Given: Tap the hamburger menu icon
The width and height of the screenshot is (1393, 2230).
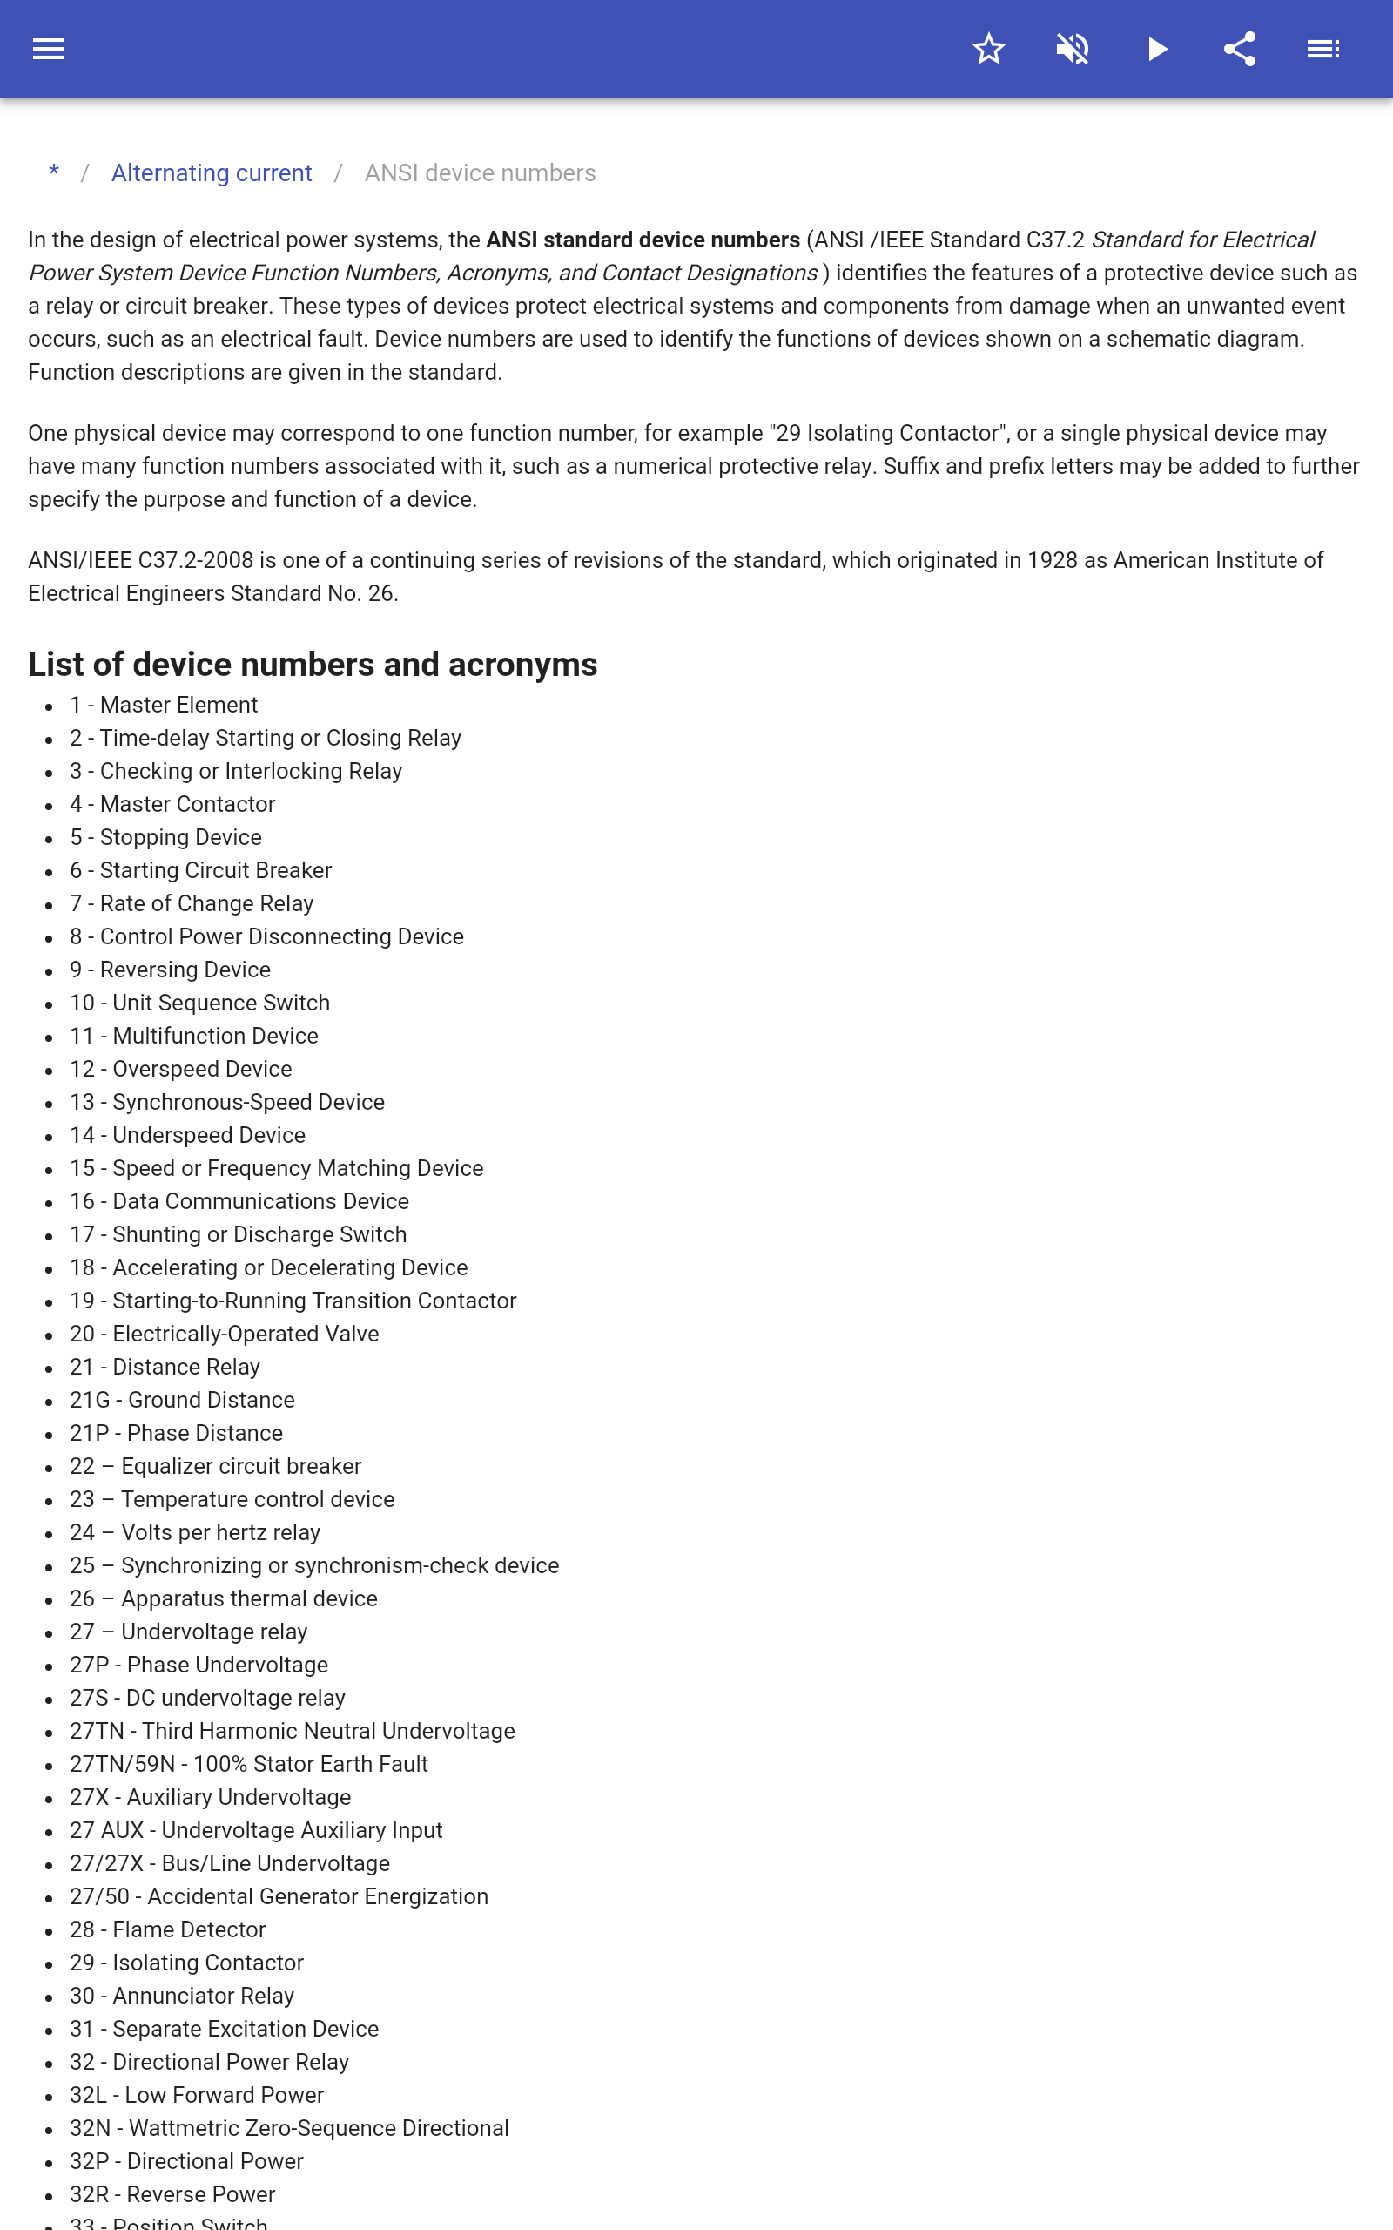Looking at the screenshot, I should [49, 49].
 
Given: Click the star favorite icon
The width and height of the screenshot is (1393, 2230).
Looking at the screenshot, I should [988, 49].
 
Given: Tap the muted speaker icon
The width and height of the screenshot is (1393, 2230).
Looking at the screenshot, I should [1073, 49].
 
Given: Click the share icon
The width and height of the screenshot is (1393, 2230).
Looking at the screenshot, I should [1240, 49].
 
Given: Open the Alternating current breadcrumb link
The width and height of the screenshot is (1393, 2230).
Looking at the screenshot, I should [211, 173].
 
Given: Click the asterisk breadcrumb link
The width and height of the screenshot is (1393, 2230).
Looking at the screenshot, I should [54, 173].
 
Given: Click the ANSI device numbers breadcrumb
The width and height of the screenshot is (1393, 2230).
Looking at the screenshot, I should [480, 173].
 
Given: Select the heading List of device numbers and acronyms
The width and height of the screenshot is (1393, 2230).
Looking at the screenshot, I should [313, 665].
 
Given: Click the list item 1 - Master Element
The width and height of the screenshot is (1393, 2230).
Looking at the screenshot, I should [164, 705].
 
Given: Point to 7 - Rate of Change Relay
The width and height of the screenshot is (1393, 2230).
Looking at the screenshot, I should [192, 904].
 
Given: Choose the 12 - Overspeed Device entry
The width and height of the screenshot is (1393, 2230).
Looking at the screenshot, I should [180, 1069].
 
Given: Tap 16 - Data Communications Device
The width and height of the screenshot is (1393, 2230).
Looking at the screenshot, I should [239, 1201].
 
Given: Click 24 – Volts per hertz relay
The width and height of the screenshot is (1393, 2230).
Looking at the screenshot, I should [195, 1532].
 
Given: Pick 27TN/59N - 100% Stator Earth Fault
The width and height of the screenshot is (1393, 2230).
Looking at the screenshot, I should [249, 1765].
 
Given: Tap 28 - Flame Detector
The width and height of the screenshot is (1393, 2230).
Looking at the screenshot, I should [168, 1929].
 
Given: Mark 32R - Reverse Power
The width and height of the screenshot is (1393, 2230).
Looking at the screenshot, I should [172, 2195].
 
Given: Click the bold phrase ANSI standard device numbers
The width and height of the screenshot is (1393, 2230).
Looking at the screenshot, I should [643, 240].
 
